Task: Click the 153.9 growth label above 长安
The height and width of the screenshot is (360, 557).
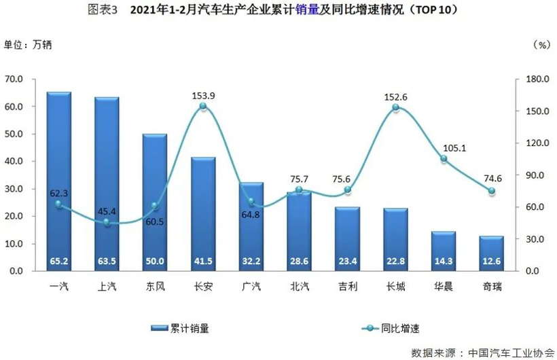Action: coord(203,96)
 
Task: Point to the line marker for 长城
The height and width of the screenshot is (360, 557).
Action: coord(395,108)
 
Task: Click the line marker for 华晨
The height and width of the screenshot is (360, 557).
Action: coord(444,159)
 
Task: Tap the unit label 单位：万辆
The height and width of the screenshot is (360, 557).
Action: coord(28,46)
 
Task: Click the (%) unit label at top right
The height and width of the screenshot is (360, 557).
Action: coord(541,46)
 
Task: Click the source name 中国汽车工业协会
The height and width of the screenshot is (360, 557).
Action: coord(509,352)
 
